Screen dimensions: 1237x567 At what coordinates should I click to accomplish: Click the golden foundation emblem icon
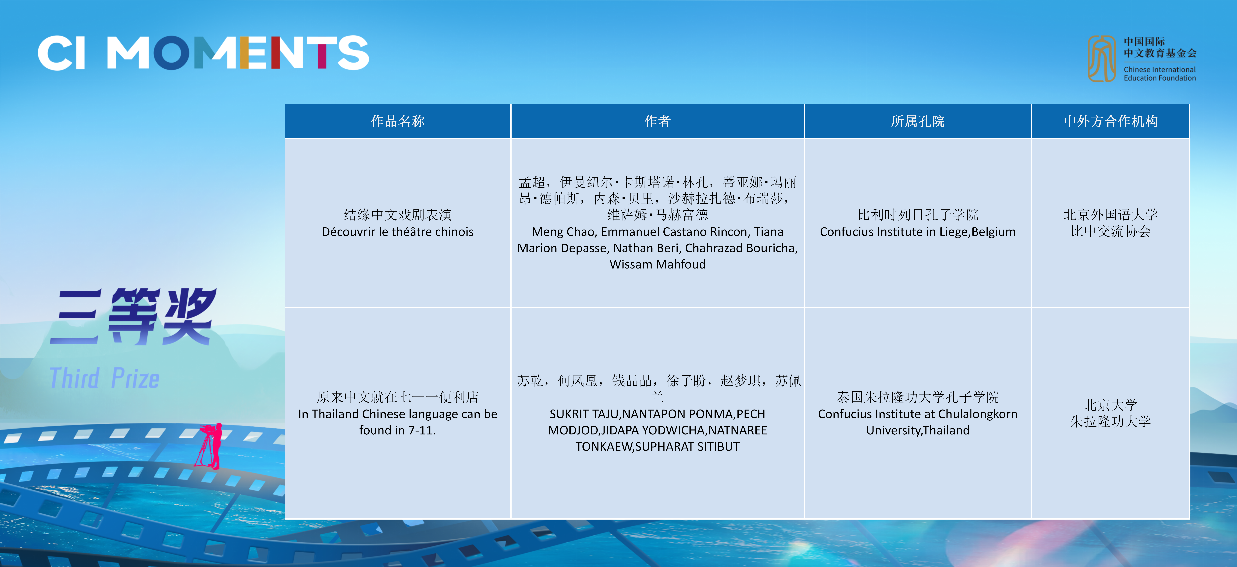click(x=1102, y=59)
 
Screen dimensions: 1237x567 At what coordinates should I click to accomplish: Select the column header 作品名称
click(x=398, y=121)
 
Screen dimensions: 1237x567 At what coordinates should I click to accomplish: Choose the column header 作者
click(x=657, y=121)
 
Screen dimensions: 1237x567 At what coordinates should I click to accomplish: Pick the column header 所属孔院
click(x=918, y=121)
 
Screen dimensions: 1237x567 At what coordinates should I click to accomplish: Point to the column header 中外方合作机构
click(x=1111, y=121)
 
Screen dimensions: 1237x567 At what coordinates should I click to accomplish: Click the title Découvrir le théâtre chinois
click(x=398, y=232)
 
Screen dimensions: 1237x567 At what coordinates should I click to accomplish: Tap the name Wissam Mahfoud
click(x=657, y=264)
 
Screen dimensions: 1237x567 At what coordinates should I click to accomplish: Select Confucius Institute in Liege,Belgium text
click(x=918, y=232)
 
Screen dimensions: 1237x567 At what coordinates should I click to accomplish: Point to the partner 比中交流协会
click(x=1111, y=231)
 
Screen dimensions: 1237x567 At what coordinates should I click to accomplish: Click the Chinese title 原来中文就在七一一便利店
click(x=398, y=397)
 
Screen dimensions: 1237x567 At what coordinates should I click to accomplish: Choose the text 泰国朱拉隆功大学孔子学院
click(x=918, y=397)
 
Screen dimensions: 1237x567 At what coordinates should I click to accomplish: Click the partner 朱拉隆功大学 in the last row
click(x=1111, y=421)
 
